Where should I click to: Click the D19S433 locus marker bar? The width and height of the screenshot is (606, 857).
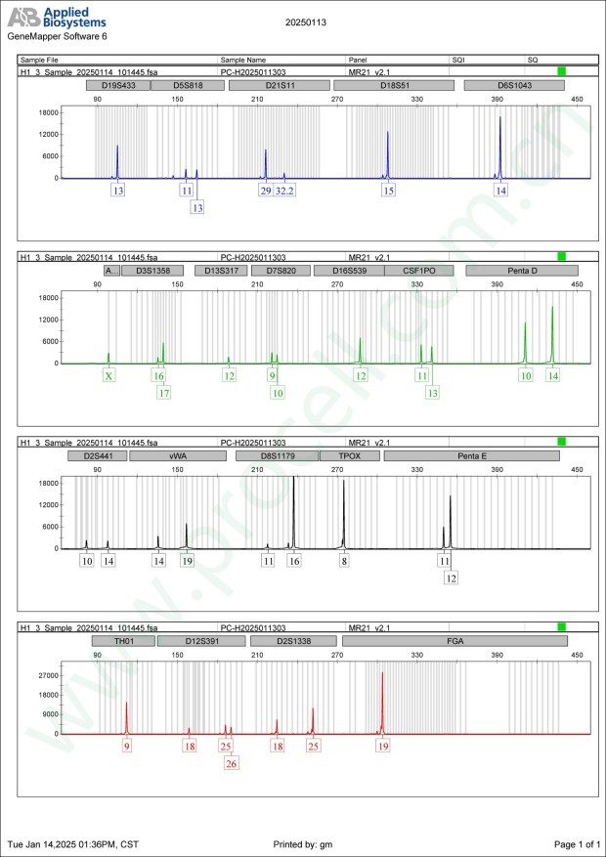[118, 86]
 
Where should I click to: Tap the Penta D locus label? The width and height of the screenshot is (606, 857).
[522, 271]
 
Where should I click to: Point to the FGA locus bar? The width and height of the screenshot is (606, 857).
[455, 641]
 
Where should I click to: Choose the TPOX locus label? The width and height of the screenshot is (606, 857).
[349, 455]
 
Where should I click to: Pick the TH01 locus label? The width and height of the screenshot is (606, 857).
[123, 641]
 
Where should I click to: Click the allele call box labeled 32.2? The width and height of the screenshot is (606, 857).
[284, 191]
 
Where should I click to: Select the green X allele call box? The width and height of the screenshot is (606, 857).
[108, 375]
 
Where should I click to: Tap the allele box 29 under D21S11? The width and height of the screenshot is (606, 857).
[265, 191]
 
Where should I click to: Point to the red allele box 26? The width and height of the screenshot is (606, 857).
[232, 764]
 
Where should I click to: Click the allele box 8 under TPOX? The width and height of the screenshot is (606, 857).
[344, 561]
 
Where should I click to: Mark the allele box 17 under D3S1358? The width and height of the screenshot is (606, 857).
[164, 393]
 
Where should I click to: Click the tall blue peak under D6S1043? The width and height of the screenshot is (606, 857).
[500, 147]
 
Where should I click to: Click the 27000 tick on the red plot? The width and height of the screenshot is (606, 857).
[44, 675]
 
